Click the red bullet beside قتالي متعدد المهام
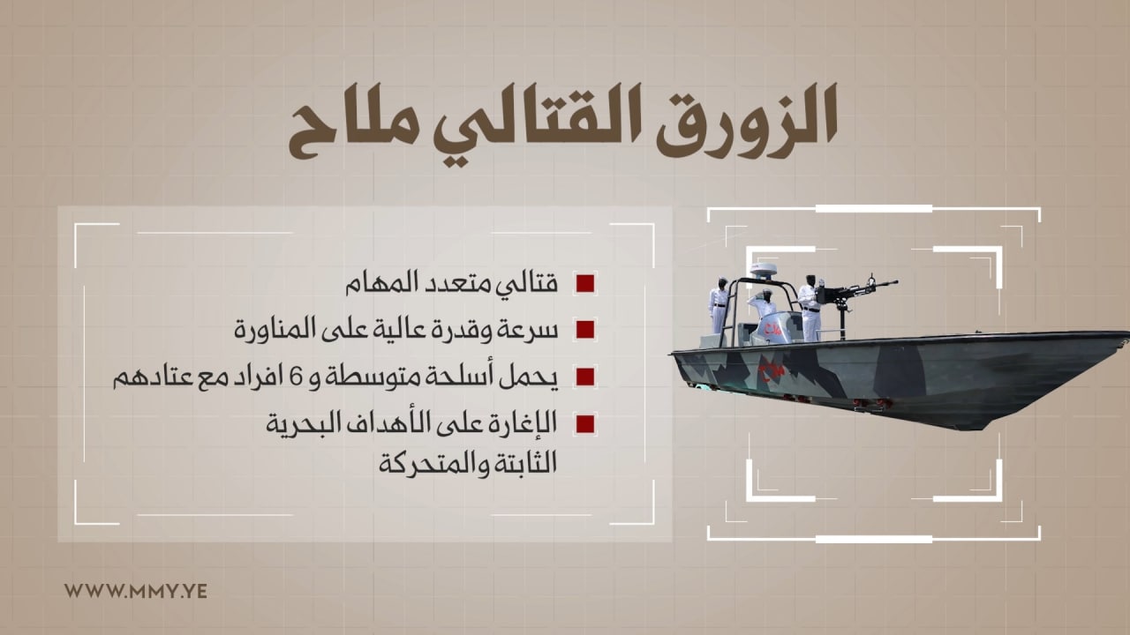pyautogui.click(x=585, y=284)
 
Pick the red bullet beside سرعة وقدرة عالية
pyautogui.click(x=585, y=330)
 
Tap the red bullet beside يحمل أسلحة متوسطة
pyautogui.click(x=585, y=377)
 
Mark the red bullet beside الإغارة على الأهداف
pyautogui.click(x=585, y=424)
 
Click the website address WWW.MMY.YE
pyautogui.click(x=136, y=591)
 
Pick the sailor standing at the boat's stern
pyautogui.click(x=719, y=305)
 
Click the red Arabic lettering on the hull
pyautogui.click(x=772, y=370)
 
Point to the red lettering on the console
pyautogui.click(x=775, y=330)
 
